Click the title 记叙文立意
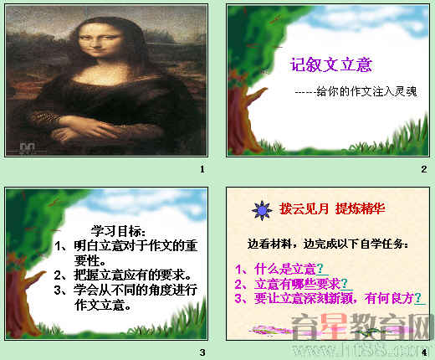coord(330,64)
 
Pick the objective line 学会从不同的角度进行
coord(125,290)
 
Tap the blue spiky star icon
coord(261,207)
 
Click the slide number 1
coord(202,169)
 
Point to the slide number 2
coord(424,169)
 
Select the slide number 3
coord(202,351)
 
